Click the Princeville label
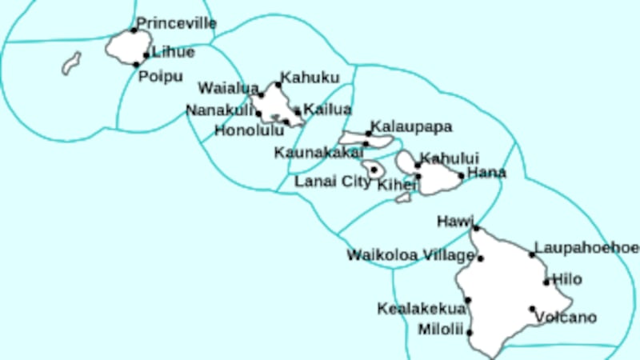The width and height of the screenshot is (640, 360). click(176, 23)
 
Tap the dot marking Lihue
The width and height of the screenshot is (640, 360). click(146, 55)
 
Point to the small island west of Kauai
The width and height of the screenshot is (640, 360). click(72, 63)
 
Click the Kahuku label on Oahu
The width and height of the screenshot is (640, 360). click(309, 78)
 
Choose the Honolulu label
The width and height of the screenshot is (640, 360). click(249, 130)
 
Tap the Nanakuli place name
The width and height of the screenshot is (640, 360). click(220, 110)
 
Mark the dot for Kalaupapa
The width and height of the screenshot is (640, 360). click(369, 134)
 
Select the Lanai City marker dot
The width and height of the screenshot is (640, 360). click(374, 170)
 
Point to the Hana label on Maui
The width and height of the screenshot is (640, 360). click(486, 172)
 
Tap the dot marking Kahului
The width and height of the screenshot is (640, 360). click(418, 166)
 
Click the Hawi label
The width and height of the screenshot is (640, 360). click(456, 220)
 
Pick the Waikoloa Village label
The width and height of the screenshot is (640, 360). click(410, 255)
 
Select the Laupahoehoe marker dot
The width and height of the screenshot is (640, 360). click(532, 254)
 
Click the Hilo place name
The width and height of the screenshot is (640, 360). click(567, 279)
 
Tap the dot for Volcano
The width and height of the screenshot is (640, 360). click(532, 309)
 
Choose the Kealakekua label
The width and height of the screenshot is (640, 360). click(421, 309)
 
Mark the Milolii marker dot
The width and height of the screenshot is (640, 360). click(470, 333)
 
